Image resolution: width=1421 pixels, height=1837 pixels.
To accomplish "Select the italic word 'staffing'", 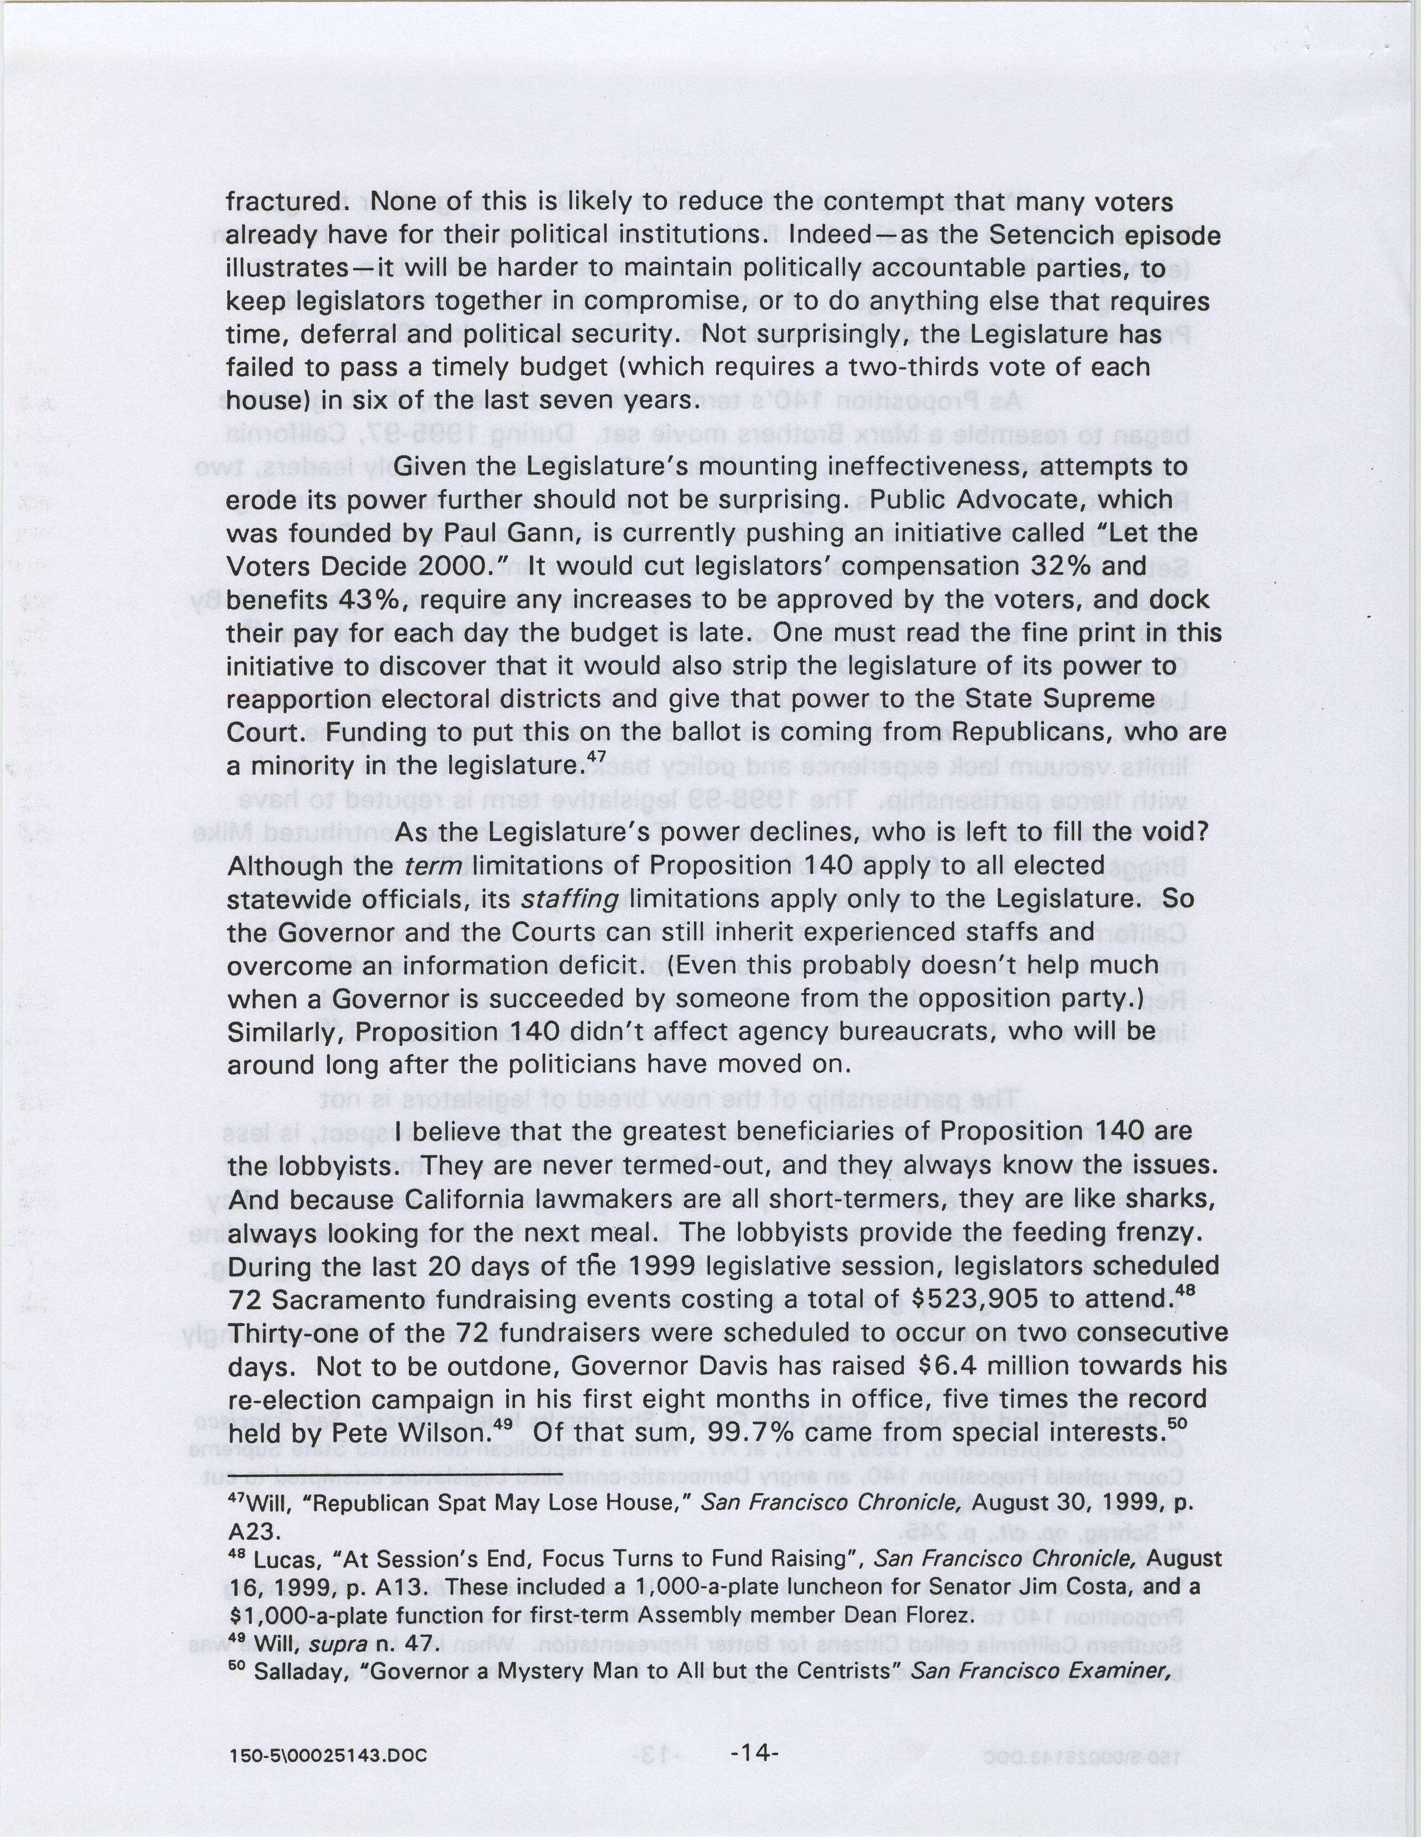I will [572, 899].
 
